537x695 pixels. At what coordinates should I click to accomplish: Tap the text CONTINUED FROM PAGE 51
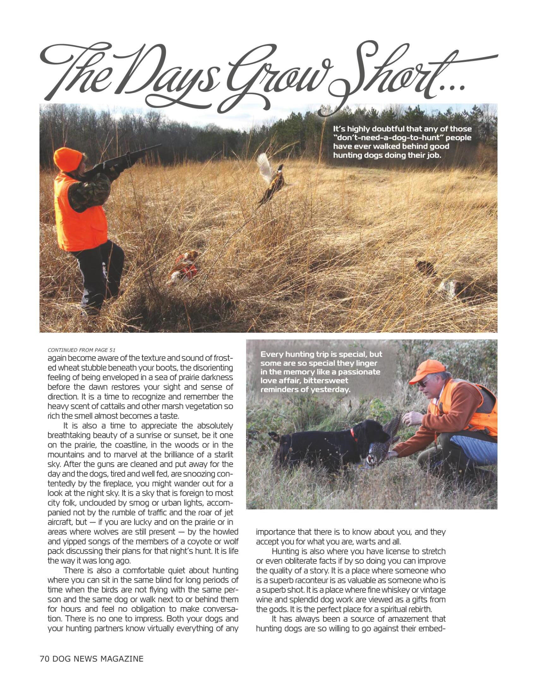point(81,350)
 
